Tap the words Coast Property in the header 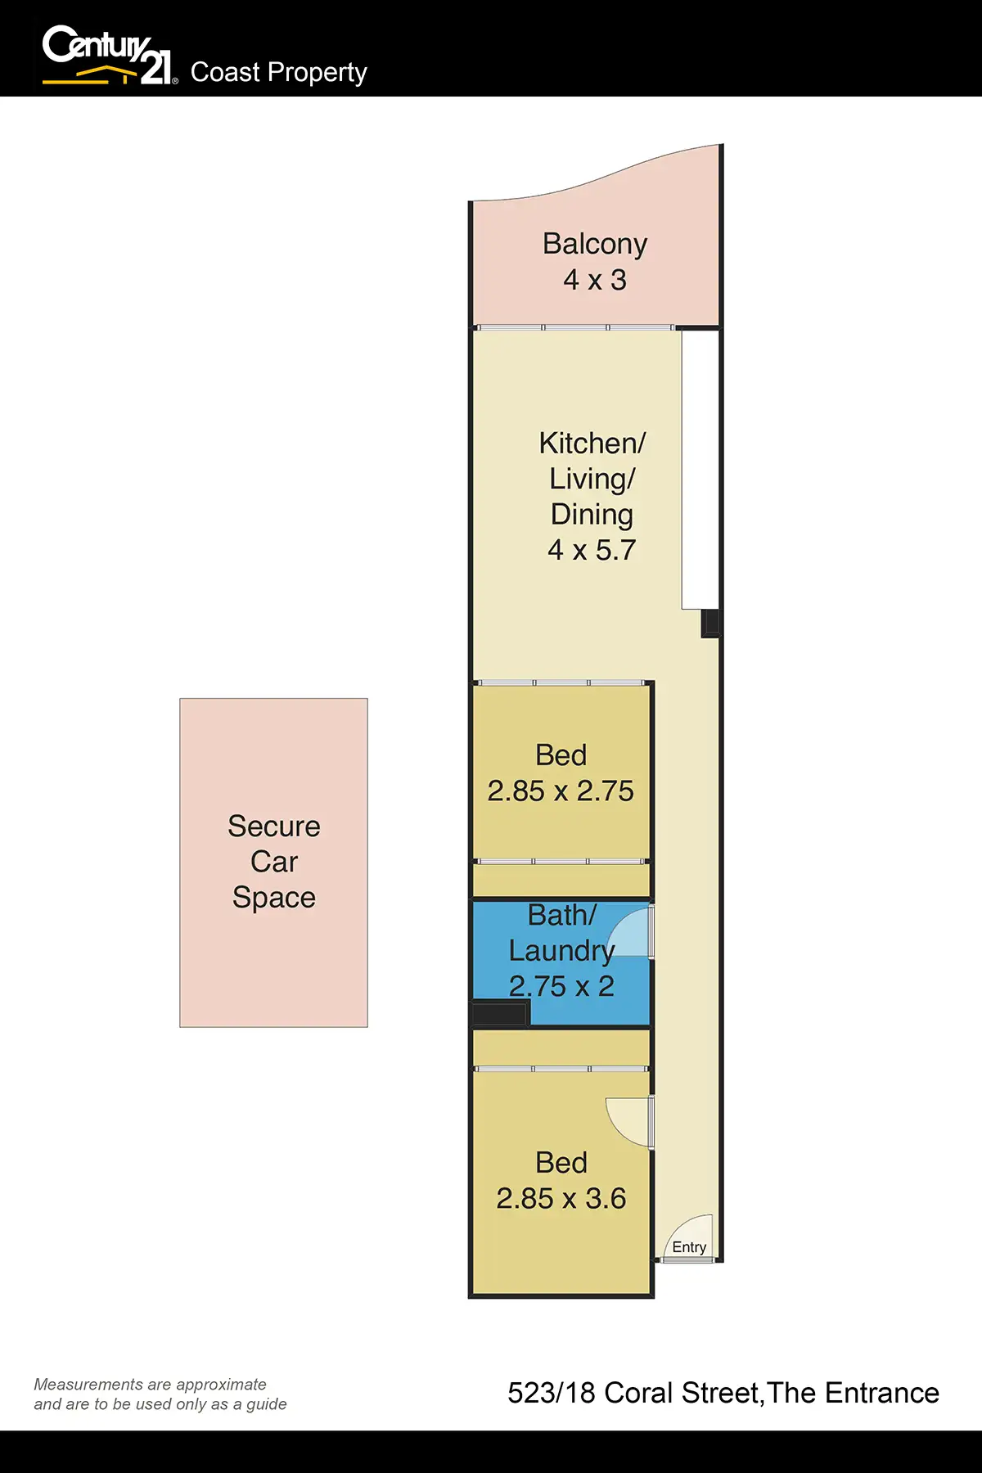click(x=278, y=72)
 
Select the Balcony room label click(x=595, y=244)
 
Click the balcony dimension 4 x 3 click(x=595, y=280)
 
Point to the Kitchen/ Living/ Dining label click(x=592, y=479)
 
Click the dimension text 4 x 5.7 click(x=592, y=550)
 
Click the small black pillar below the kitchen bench click(x=710, y=624)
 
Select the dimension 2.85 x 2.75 click(x=561, y=791)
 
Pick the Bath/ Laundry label click(x=561, y=933)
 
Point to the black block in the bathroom click(x=500, y=1014)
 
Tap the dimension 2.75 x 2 click(x=561, y=986)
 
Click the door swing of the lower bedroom click(x=628, y=1119)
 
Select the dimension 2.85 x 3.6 click(x=561, y=1198)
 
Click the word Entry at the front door click(x=689, y=1247)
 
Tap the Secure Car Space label click(x=274, y=862)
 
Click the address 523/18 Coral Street click(x=634, y=1393)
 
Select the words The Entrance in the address click(x=854, y=1393)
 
